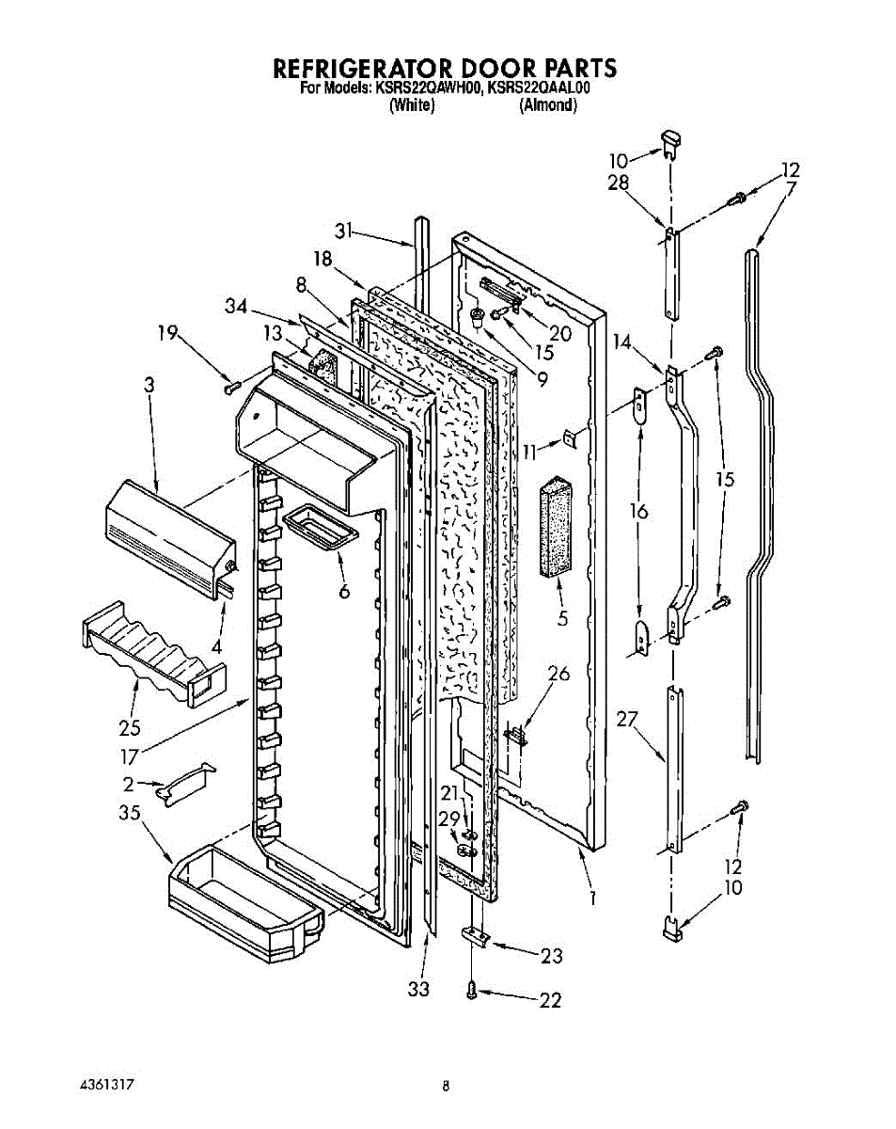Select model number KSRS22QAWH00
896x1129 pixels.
point(429,89)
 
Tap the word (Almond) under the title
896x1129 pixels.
point(548,105)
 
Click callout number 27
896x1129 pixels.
point(627,720)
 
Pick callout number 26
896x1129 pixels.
point(558,674)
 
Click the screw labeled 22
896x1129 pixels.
point(473,988)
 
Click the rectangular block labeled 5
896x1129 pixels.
point(558,528)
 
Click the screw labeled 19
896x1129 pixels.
point(230,385)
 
